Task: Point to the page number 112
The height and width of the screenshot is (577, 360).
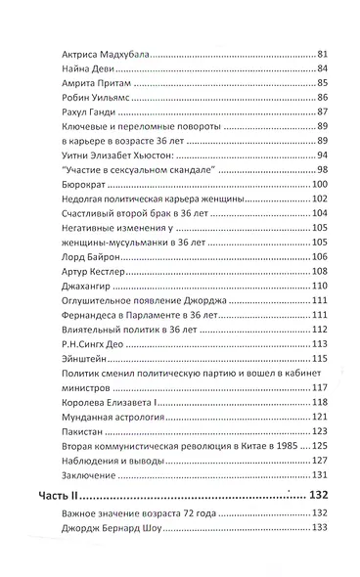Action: (x=315, y=334)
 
